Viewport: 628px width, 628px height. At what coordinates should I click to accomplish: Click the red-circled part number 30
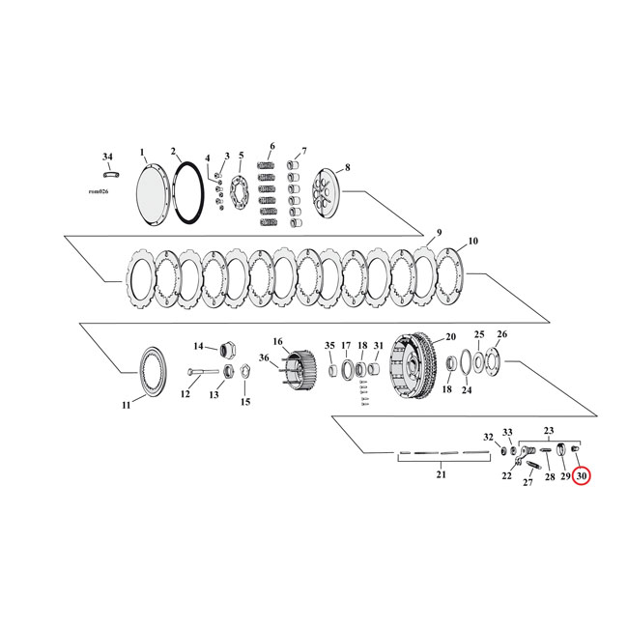tap(581, 475)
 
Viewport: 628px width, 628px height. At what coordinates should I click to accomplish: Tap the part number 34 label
tap(107, 156)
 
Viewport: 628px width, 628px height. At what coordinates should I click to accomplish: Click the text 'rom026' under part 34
tap(100, 191)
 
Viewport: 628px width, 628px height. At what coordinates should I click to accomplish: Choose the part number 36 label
tap(264, 358)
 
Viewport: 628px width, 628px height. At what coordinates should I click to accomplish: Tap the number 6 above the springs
tap(271, 147)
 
